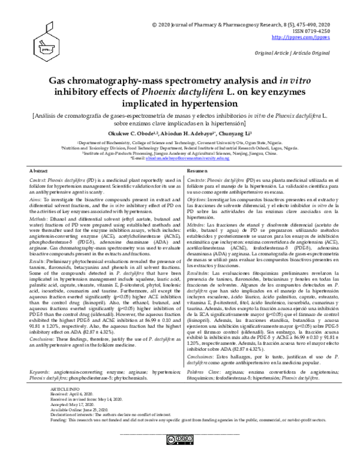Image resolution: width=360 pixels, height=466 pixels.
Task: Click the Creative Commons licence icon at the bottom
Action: pyautogui.click(x=179, y=439)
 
